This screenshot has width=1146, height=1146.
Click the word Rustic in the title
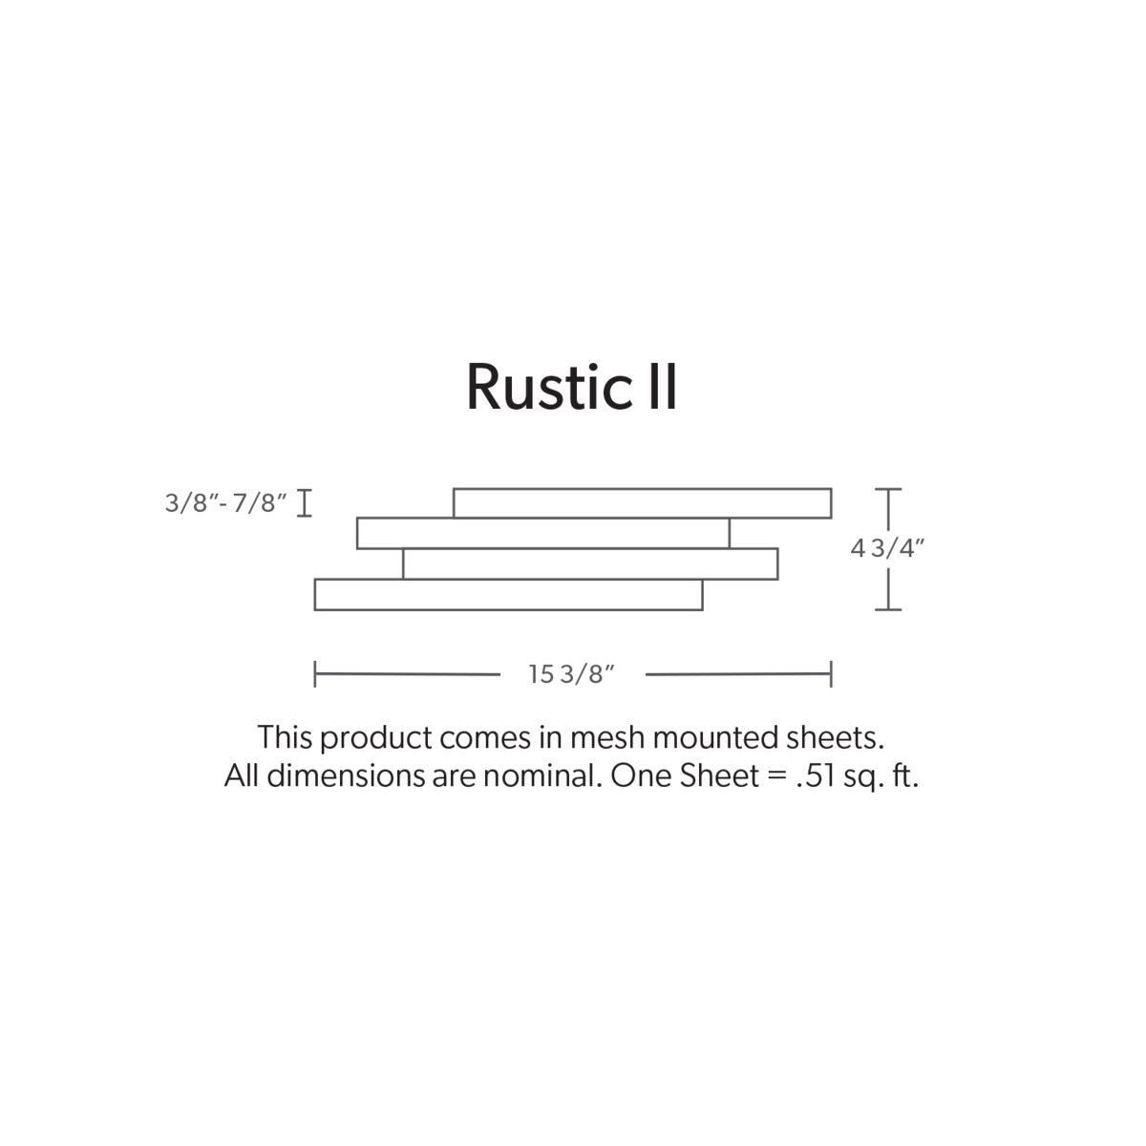[550, 387]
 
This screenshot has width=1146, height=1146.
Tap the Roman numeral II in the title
[663, 387]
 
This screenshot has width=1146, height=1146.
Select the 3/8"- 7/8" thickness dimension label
[226, 503]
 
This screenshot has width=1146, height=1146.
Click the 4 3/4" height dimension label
[887, 548]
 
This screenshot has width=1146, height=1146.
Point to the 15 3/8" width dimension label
[571, 674]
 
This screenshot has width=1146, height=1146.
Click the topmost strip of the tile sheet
[643, 503]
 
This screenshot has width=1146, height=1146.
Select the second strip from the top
[543, 534]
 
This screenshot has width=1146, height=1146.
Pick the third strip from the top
[590, 563]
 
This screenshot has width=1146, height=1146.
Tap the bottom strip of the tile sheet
[508, 595]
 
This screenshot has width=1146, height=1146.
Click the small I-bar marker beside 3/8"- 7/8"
[305, 503]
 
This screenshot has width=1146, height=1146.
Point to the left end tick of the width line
[315, 674]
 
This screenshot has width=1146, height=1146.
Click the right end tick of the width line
[831, 674]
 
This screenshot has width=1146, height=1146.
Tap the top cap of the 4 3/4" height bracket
[888, 489]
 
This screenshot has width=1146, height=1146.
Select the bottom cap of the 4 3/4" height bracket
[888, 609]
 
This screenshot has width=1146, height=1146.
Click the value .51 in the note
[816, 776]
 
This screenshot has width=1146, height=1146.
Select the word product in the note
[376, 739]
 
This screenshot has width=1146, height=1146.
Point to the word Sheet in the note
[719, 776]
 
